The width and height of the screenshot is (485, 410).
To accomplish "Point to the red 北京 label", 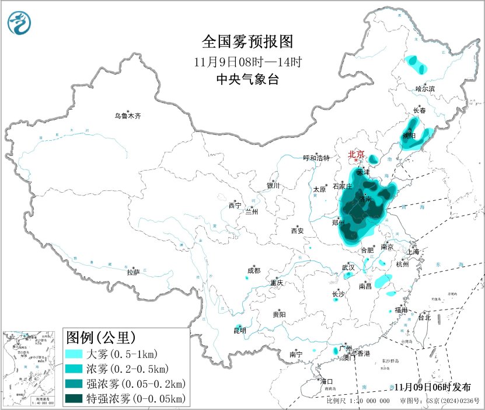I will [356, 154].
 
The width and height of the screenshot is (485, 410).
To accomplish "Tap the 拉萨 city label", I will [133, 272].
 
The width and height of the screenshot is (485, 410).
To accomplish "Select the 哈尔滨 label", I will [425, 89].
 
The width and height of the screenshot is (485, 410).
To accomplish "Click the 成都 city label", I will [253, 270].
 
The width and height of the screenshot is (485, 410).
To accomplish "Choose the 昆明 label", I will [239, 331].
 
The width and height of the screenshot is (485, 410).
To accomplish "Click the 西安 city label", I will [297, 231].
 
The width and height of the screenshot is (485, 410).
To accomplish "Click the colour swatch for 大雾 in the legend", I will [74, 354].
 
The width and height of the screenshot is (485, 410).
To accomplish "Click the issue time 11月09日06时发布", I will [431, 387].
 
